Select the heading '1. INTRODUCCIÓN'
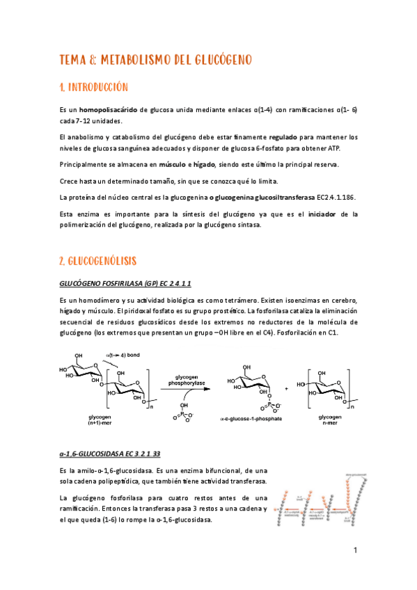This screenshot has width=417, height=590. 95,88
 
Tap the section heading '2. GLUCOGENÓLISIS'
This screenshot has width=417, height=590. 97,261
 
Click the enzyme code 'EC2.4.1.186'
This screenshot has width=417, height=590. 336,197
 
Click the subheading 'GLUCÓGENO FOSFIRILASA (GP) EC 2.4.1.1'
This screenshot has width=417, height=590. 125,284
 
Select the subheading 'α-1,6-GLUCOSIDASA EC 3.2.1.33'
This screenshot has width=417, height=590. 110,454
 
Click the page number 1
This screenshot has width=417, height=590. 355,551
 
